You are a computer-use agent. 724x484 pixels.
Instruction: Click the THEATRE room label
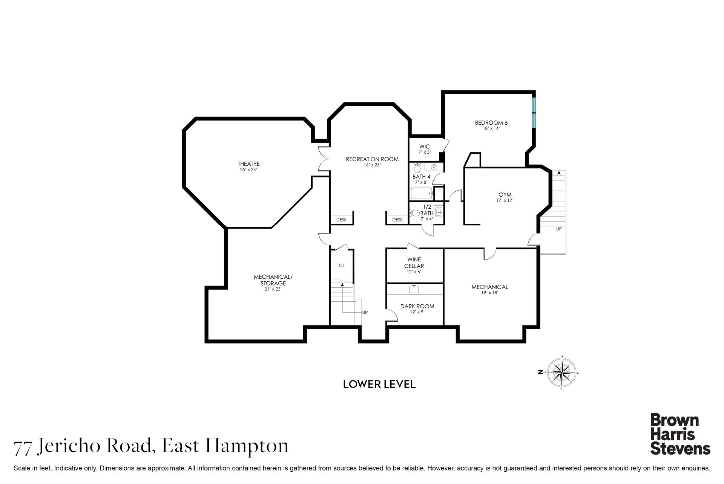(x=248, y=164)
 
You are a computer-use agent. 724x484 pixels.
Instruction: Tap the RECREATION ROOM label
(x=372, y=159)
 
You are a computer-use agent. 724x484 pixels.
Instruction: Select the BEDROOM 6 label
(x=491, y=123)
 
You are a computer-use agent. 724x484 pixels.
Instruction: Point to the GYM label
(x=505, y=195)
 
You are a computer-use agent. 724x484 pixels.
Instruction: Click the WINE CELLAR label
(x=414, y=263)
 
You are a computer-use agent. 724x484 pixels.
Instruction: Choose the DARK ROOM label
(x=417, y=306)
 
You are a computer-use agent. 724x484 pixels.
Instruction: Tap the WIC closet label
(x=424, y=147)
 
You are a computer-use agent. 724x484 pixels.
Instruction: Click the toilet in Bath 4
(x=417, y=168)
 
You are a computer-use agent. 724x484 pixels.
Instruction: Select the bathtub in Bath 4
(x=421, y=194)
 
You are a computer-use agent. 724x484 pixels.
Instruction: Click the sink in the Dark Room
(x=414, y=289)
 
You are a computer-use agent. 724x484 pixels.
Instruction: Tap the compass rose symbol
(x=562, y=372)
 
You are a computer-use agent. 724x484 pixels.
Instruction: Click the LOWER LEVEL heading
(x=379, y=384)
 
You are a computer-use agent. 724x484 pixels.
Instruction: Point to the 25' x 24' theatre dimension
(x=248, y=169)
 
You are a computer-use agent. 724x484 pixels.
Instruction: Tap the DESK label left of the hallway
(x=341, y=220)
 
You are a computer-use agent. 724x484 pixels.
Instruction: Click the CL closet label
(x=342, y=265)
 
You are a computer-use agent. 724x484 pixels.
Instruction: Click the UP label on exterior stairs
(x=559, y=229)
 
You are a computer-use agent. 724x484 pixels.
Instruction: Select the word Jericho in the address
(x=70, y=446)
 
